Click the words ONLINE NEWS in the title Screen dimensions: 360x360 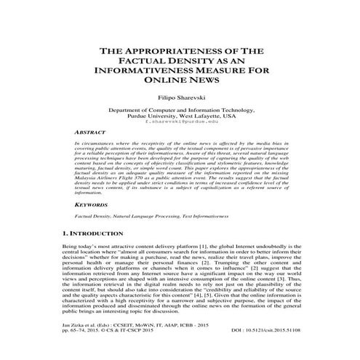click(x=180, y=84)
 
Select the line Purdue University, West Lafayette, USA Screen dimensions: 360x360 click(x=180, y=115)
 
